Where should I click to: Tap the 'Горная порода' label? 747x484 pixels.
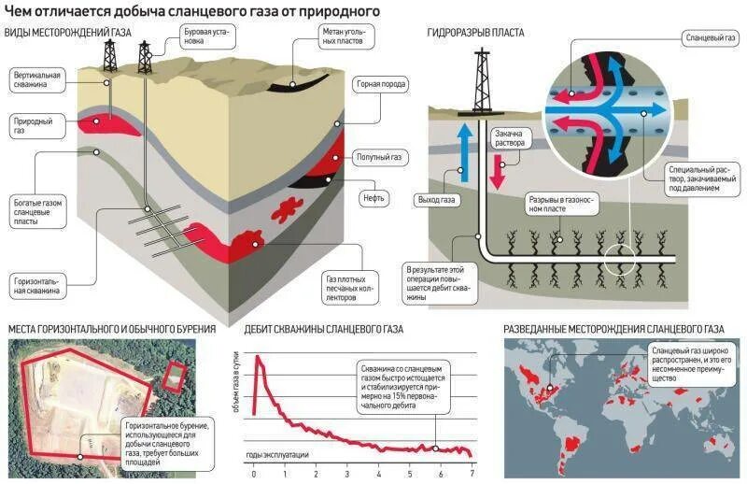coord(380,84)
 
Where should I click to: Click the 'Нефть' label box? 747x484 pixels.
coord(373,198)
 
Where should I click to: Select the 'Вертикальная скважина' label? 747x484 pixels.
coord(37,79)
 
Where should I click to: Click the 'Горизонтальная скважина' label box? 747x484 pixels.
coord(37,285)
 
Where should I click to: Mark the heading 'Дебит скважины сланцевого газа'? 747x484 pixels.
coord(323,329)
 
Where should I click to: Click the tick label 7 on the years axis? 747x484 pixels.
coord(472,475)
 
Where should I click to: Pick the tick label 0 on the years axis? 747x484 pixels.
coord(254,475)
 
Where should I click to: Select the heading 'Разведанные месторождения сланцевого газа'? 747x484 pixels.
coord(613,329)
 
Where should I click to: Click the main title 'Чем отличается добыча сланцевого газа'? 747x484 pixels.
coord(192,10)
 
